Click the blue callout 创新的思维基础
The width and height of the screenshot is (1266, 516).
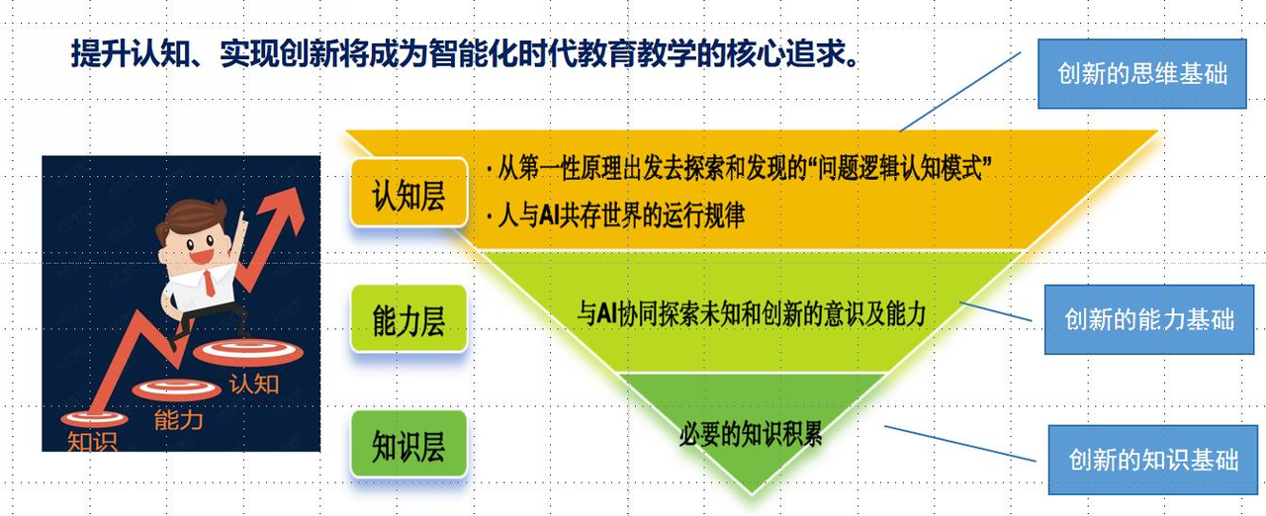pyautogui.click(x=1142, y=74)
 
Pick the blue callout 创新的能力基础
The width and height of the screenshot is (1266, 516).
pyautogui.click(x=1149, y=318)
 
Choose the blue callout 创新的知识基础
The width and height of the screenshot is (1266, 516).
pyautogui.click(x=1153, y=460)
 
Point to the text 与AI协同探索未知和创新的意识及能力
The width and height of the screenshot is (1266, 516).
pyautogui.click(x=751, y=314)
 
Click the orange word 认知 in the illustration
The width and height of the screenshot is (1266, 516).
pyautogui.click(x=254, y=383)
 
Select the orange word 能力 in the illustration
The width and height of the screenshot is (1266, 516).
pyautogui.click(x=179, y=419)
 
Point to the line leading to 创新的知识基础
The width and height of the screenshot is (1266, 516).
pyautogui.click(x=959, y=444)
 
